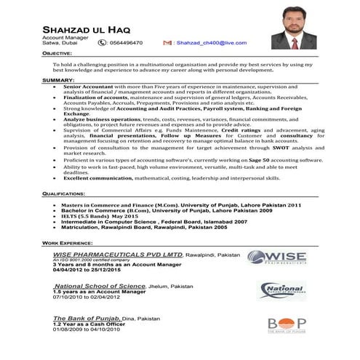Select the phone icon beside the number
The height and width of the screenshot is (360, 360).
click(101, 43)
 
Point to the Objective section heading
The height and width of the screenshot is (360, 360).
click(57, 54)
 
